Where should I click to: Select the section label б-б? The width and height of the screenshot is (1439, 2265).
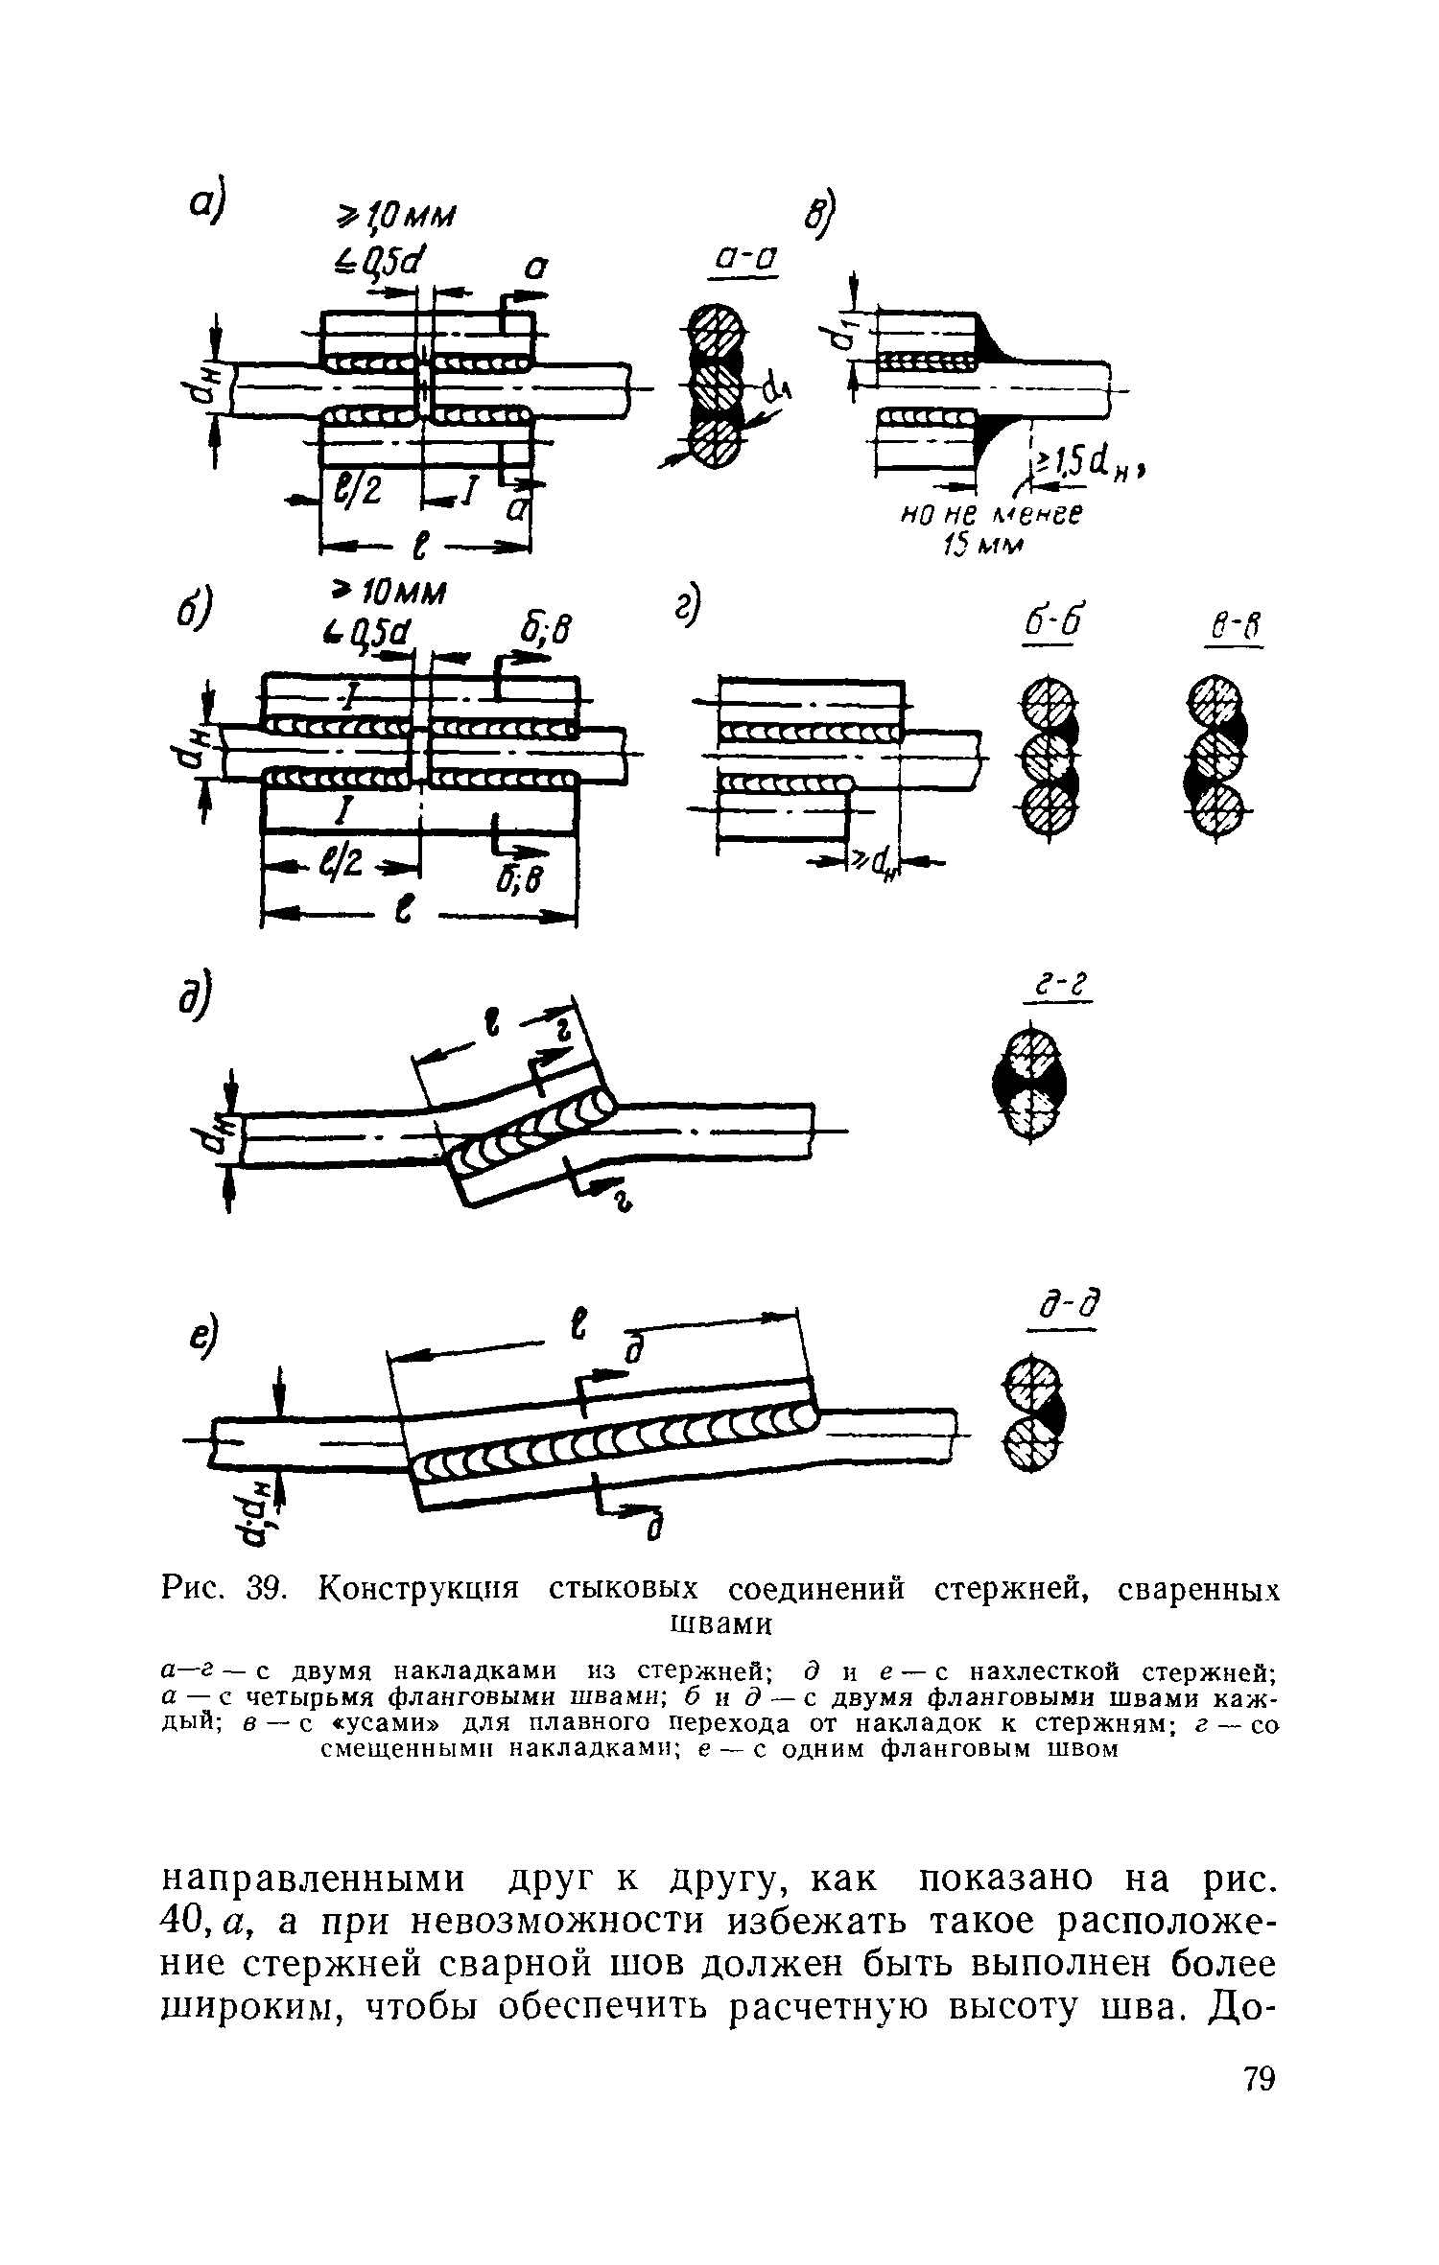(1046, 625)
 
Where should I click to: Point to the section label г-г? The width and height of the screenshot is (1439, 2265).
(1058, 985)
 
